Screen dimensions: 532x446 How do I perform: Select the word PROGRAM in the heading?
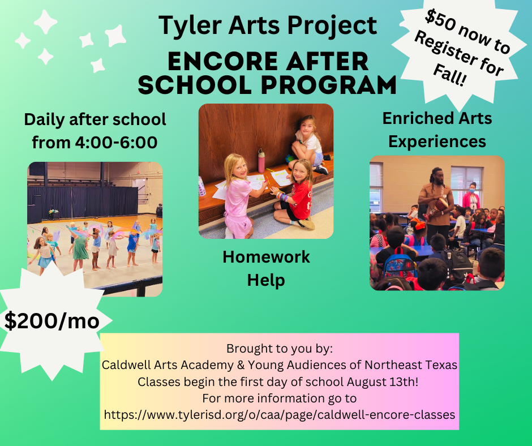[x=329, y=85]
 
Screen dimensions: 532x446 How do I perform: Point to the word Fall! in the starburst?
[x=450, y=75]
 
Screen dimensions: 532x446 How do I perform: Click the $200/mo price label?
[x=52, y=321]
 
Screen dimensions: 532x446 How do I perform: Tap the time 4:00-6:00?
[x=116, y=143]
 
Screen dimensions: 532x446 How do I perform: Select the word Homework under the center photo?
[x=266, y=257]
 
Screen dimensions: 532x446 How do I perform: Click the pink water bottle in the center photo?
[x=261, y=161]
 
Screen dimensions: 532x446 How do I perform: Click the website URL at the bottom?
[x=280, y=415]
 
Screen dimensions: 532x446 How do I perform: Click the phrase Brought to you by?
[x=280, y=349]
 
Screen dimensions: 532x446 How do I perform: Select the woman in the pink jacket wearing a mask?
[x=471, y=197]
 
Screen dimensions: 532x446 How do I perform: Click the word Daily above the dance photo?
[x=44, y=120]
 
